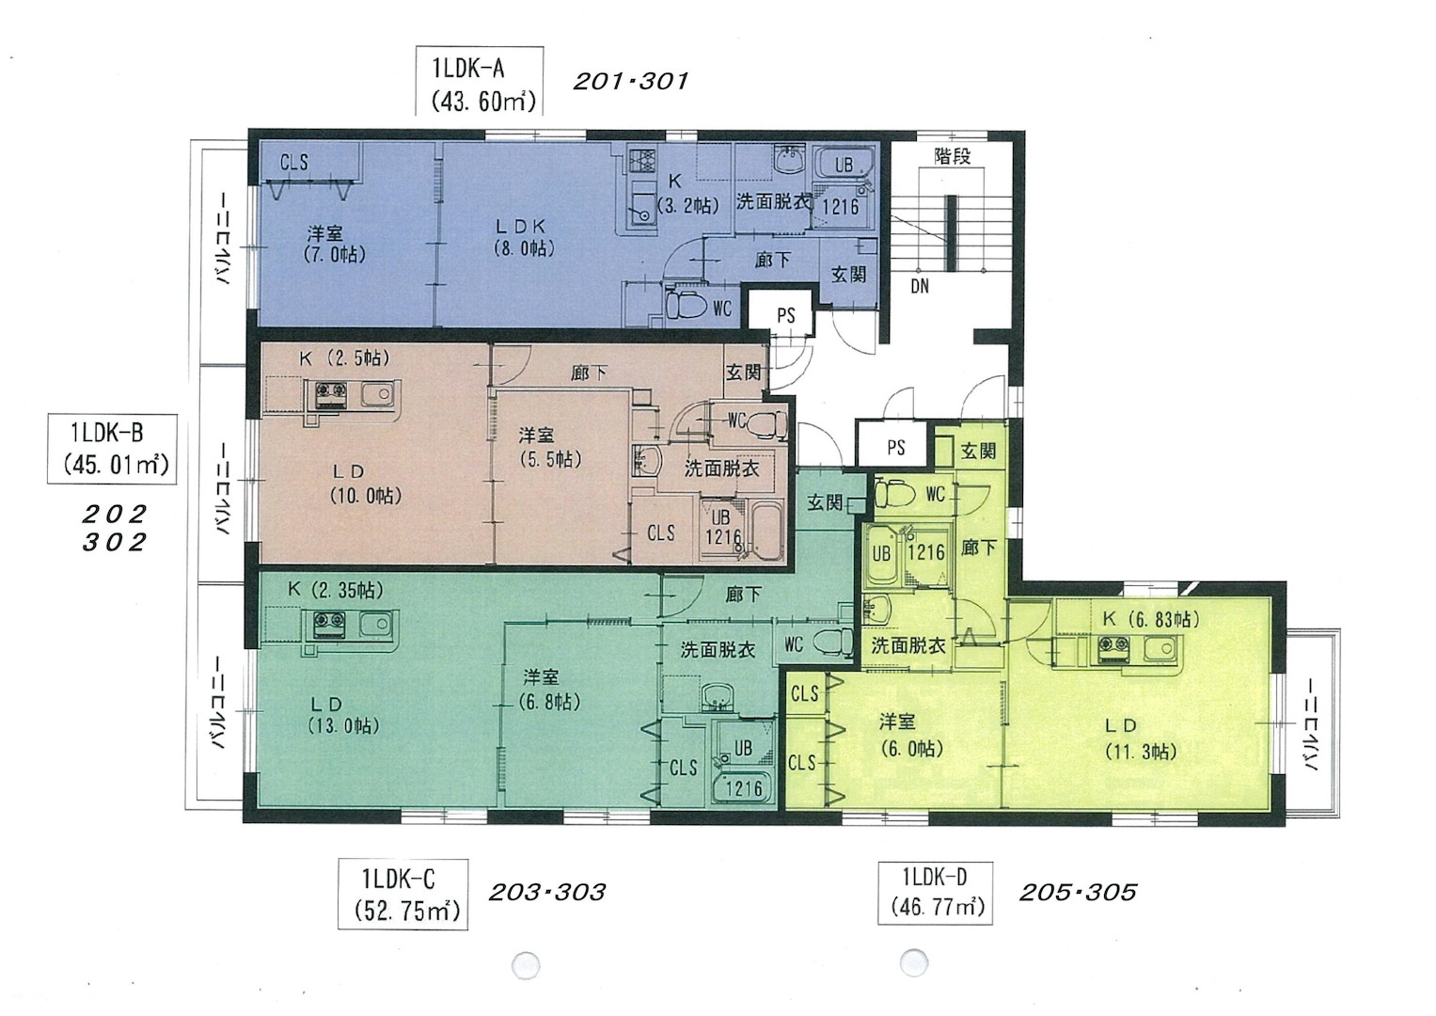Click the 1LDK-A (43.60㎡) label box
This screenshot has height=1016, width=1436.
click(x=480, y=82)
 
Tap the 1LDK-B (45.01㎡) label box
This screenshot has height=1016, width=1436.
click(x=112, y=449)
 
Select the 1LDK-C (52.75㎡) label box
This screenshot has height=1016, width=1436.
click(x=402, y=895)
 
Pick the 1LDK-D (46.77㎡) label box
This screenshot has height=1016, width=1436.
click(x=936, y=893)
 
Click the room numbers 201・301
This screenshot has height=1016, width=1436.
click(x=630, y=82)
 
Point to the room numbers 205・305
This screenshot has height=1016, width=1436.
click(x=1078, y=892)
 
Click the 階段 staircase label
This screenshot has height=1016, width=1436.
click(x=952, y=156)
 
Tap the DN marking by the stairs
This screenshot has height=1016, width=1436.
click(x=920, y=286)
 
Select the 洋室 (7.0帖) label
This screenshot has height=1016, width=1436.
click(x=335, y=245)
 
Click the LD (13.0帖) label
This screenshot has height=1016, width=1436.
click(x=343, y=715)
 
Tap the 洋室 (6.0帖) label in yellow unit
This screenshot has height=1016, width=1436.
click(x=909, y=736)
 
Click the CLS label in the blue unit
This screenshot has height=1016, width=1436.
click(x=293, y=162)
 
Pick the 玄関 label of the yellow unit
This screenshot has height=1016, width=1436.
click(x=978, y=452)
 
